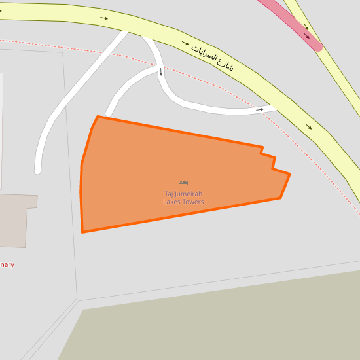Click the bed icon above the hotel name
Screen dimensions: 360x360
click(x=183, y=182)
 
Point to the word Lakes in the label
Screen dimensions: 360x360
click(x=173, y=202)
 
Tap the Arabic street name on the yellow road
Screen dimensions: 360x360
click(x=212, y=57)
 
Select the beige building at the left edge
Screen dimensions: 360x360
click(x=16, y=220)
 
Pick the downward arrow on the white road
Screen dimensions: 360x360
click(x=160, y=72)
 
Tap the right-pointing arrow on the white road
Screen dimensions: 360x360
click(x=260, y=109)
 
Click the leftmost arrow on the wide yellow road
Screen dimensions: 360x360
click(x=105, y=18)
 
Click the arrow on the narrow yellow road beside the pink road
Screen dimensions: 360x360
click(x=305, y=27)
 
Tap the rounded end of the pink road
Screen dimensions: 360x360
click(x=317, y=46)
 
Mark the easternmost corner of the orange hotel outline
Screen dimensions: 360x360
click(x=289, y=174)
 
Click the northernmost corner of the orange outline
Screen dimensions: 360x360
click(x=98, y=117)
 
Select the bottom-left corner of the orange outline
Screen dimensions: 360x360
click(x=82, y=232)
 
